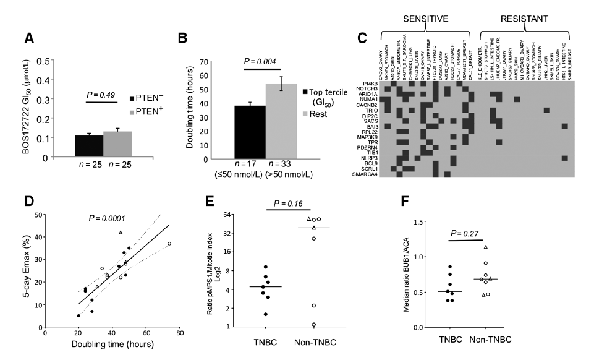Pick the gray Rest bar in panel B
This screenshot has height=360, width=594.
point(281,121)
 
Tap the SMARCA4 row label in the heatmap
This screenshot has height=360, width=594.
point(360,174)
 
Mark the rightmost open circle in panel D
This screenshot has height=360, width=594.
point(169,244)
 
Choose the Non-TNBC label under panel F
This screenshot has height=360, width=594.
point(488,340)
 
